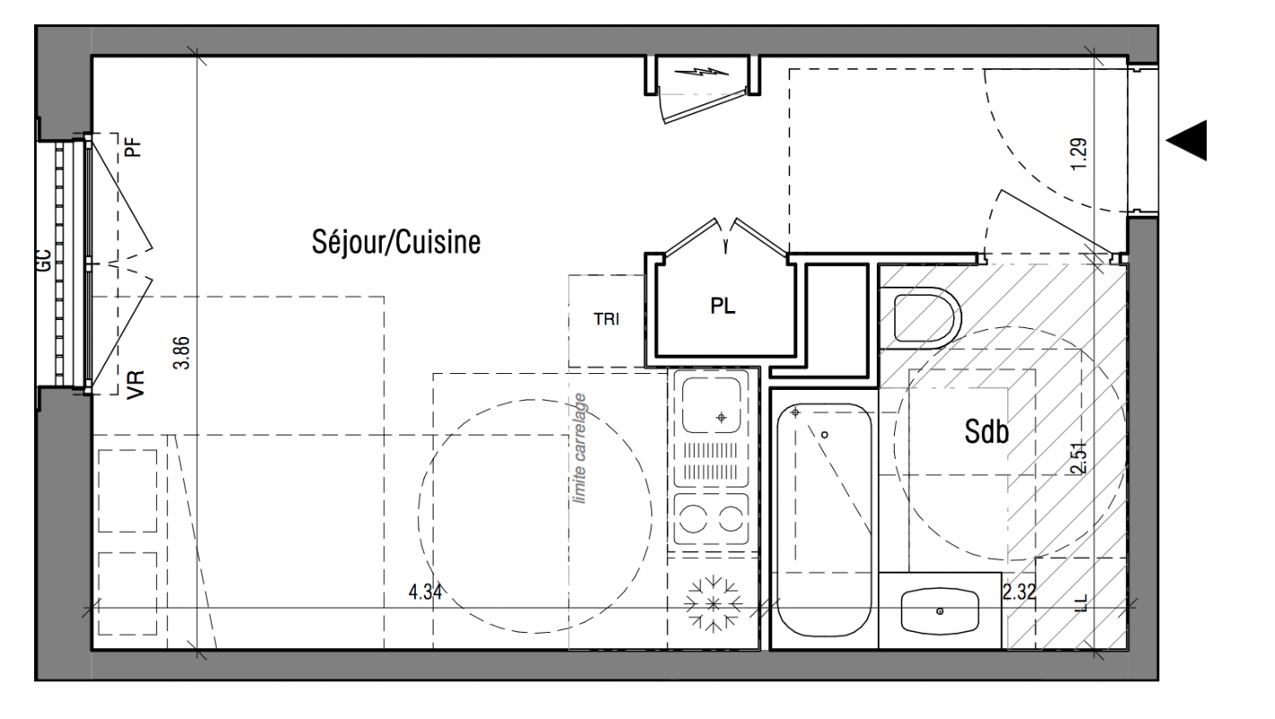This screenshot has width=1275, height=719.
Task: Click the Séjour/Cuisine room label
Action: coord(396,242)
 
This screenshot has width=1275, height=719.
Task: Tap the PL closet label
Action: coord(722,306)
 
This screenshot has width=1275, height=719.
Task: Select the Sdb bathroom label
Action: coord(987,431)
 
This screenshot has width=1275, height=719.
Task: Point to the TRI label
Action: coord(607,319)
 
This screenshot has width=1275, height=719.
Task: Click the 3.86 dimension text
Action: coord(182,353)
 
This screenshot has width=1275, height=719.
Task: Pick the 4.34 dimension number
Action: coord(425,592)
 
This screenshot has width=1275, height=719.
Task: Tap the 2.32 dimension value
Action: coord(1019,592)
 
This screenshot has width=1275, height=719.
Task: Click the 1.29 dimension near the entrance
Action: coord(1078,154)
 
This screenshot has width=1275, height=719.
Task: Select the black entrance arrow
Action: coord(1187,140)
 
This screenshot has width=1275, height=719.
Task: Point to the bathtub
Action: coord(824,520)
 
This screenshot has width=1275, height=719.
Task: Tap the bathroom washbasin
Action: coord(940,611)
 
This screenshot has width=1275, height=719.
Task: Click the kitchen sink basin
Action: coord(712,404)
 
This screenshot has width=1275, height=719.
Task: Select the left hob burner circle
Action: coord(694,519)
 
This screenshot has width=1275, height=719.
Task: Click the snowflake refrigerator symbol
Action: coord(713,605)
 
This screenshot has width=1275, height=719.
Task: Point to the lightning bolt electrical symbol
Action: coord(701,72)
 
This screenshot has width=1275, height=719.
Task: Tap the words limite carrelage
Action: coord(580,448)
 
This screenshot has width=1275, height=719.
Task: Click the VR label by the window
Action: coord(136,385)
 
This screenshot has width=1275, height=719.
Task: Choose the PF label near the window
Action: coord(133,147)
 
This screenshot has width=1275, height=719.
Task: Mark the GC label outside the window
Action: coord(45,261)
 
